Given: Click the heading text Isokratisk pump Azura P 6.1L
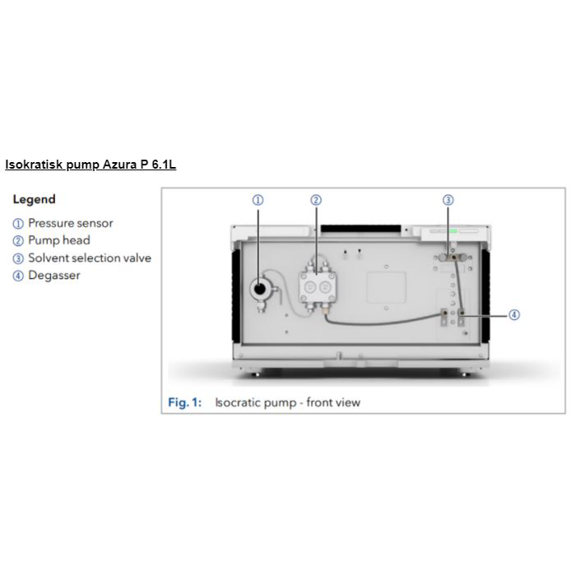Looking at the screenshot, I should tap(91, 165).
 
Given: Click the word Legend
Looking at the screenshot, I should tap(35, 199).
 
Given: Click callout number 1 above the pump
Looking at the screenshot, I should tap(258, 200).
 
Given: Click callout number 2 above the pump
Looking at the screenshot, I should tap(316, 200).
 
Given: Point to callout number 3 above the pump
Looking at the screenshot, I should tap(448, 200).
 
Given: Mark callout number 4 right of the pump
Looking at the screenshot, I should tap(514, 314).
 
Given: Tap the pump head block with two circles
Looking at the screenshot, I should tap(317, 287).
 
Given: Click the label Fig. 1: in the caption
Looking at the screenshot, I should tap(185, 402).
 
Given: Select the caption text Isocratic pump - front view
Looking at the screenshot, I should tap(287, 402).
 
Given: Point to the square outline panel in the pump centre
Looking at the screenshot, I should tap(385, 289).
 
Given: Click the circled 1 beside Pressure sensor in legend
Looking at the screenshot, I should tap(18, 223).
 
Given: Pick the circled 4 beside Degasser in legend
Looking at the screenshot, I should tap(18, 276).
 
